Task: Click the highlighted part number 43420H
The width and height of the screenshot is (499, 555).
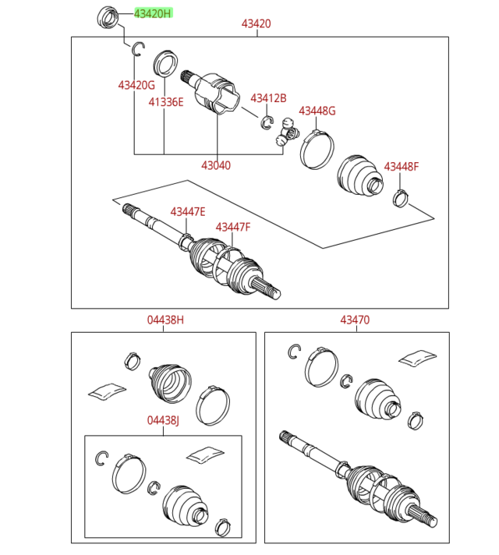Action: pos(152,13)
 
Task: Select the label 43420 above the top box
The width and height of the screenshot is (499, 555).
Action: pos(256,24)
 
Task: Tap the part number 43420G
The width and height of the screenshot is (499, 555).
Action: pos(136,84)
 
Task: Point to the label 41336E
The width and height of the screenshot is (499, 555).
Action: pos(166,101)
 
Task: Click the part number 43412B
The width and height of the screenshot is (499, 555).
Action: pos(268,97)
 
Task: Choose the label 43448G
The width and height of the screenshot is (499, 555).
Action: pos(317,111)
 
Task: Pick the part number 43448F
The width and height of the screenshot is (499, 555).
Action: pos(401,167)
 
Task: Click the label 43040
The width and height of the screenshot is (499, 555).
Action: pos(216,165)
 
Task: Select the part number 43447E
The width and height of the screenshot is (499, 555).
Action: pos(188,212)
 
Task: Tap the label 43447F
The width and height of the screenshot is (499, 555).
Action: pos(233,227)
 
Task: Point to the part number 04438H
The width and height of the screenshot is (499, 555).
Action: pos(165,320)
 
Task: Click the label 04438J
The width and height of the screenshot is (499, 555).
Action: pos(163,420)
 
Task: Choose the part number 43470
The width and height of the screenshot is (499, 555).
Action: pos(355,320)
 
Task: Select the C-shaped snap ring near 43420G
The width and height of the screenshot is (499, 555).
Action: pos(138,49)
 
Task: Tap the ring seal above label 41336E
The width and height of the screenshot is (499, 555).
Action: pos(165,62)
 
